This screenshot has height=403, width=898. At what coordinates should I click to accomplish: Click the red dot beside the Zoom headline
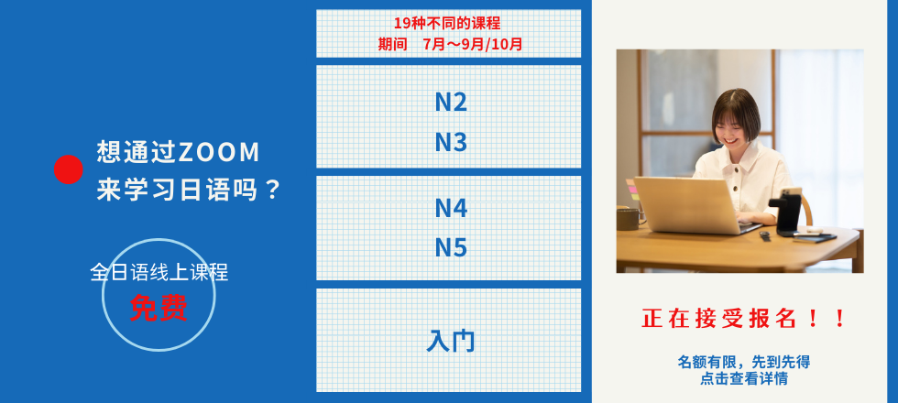68,169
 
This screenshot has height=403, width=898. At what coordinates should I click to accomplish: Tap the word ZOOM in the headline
219,152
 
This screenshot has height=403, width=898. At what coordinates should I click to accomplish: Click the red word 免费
159,308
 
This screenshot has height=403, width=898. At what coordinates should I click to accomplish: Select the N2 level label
451,102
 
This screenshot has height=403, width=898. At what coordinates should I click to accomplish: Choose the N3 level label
451,142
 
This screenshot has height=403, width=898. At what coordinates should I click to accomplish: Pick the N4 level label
451,208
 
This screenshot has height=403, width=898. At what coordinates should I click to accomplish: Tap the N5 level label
451,247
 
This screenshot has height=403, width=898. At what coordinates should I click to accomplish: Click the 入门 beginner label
451,341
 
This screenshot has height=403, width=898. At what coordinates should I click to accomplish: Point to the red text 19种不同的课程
447,24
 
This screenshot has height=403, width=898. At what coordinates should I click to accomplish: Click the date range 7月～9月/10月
473,44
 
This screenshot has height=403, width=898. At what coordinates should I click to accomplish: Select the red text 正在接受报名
718,319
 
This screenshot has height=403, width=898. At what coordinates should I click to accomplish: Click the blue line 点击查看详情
743,378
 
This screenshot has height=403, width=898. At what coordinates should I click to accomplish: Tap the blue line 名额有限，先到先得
743,362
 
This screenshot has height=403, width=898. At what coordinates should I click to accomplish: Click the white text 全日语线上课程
159,272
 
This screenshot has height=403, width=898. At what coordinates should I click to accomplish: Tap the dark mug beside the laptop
628,219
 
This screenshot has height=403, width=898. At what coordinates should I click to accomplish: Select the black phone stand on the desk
785,212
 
